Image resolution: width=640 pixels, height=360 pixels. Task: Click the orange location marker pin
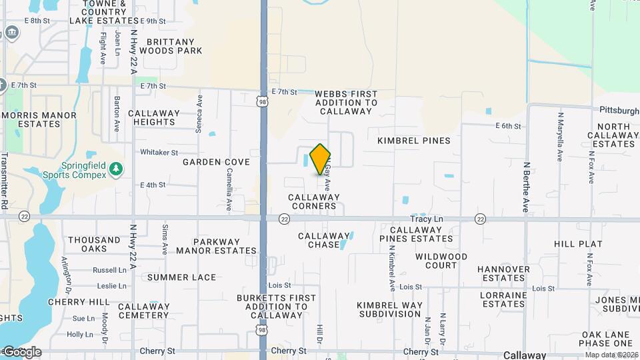[x=320, y=159]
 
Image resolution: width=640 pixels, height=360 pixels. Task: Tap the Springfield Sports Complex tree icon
[x=117, y=169]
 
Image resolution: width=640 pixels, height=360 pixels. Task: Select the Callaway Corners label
[x=314, y=201]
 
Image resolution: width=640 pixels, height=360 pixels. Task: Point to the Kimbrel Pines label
[x=414, y=141]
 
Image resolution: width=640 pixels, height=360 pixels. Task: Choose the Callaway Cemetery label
[x=143, y=311]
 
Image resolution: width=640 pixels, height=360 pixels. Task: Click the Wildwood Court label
[x=441, y=261]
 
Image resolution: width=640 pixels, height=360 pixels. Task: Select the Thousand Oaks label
[x=94, y=244]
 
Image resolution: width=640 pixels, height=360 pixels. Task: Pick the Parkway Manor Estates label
[x=216, y=246]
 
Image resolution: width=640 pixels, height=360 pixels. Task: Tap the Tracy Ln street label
[x=427, y=219]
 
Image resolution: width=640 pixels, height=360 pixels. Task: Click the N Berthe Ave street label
[x=526, y=187]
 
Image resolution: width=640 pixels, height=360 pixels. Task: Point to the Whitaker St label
[x=158, y=152]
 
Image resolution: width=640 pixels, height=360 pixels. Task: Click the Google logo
[x=22, y=351]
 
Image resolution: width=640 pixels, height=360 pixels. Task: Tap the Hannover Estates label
[x=503, y=273]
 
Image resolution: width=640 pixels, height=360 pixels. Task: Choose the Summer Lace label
[x=182, y=277]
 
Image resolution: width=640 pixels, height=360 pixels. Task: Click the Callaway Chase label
[x=324, y=240]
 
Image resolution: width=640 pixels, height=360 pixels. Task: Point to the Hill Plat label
[x=578, y=244]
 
